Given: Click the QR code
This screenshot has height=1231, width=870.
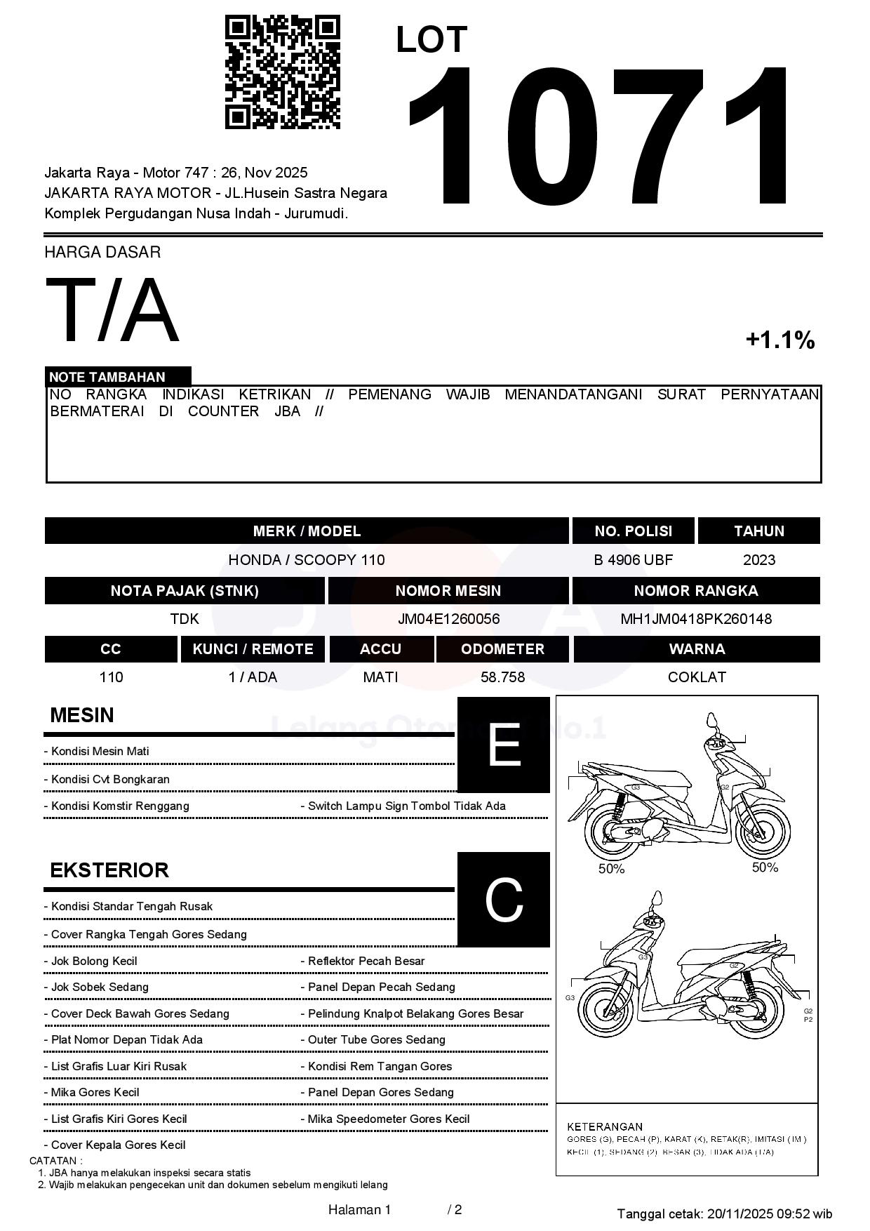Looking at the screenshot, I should (x=282, y=72).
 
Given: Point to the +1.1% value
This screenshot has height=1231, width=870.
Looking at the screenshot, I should (x=779, y=340).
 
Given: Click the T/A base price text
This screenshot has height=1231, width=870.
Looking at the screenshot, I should (x=112, y=311).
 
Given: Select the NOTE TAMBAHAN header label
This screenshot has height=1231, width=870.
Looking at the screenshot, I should (x=107, y=377).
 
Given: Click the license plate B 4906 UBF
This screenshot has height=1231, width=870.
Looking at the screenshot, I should (x=633, y=560).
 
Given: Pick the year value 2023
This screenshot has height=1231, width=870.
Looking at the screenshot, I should (x=758, y=560).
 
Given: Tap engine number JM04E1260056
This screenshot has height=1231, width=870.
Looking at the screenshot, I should (x=448, y=619).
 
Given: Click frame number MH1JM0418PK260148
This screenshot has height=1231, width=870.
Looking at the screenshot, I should (x=695, y=619).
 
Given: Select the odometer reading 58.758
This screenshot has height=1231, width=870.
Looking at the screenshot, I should (x=502, y=677).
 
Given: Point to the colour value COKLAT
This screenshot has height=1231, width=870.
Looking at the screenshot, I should (x=696, y=677).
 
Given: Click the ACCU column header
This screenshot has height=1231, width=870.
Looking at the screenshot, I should (x=380, y=649).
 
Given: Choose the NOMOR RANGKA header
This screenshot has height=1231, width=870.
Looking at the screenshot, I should (x=695, y=591).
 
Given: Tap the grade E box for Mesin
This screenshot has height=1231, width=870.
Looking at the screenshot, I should (x=503, y=745).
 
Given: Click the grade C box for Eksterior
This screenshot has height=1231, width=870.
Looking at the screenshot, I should (x=503, y=899).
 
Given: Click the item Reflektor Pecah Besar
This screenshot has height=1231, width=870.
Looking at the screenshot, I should (x=366, y=961).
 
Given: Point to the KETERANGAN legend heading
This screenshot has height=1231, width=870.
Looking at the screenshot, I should (x=604, y=1126).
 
